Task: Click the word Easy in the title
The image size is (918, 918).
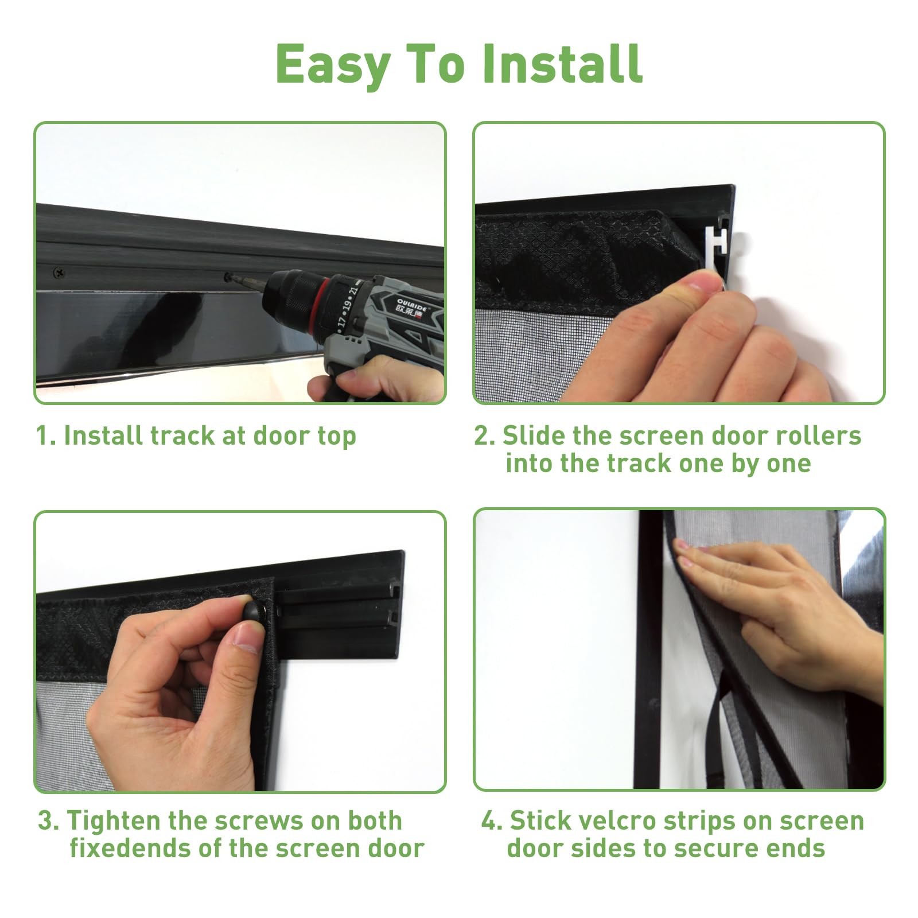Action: point(333,64)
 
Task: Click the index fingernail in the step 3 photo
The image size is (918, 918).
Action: point(248,637)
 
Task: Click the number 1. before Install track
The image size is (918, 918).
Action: point(45,435)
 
